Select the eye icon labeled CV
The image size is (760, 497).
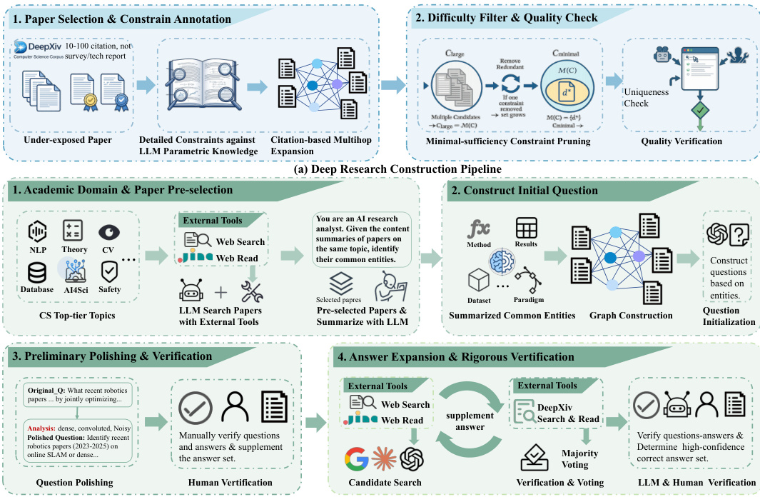(109, 232)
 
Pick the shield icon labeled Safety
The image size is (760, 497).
(110, 271)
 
